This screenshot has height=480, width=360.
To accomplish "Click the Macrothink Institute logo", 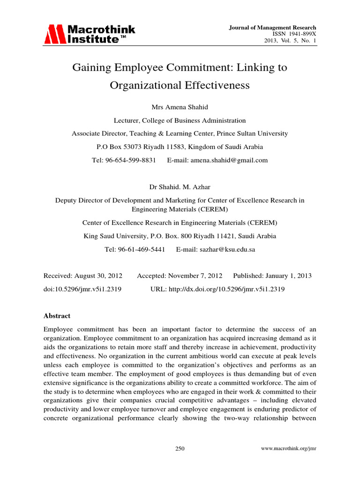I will pyautogui.click(x=90, y=35).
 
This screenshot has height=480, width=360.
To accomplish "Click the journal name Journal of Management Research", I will pyautogui.click(x=272, y=28).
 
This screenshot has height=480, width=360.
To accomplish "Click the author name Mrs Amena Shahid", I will pyautogui.click(x=180, y=107).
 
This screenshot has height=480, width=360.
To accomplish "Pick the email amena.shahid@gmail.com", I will pyautogui.click(x=228, y=160).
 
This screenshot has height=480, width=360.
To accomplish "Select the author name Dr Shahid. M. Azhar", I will pyautogui.click(x=180, y=187).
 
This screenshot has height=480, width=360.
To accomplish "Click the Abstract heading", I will pyautogui.click(x=57, y=316).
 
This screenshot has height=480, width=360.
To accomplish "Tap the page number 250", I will pyautogui.click(x=180, y=449).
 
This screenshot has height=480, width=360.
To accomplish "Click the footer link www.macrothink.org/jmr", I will pyautogui.click(x=288, y=449).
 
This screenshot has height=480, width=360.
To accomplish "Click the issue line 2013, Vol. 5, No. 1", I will pyautogui.click(x=291, y=41).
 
